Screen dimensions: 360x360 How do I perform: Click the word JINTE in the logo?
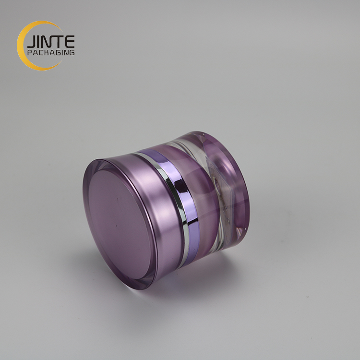51,42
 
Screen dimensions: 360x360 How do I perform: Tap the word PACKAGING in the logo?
51,52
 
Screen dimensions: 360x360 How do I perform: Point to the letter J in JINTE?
31,42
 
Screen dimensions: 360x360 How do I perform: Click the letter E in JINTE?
70,41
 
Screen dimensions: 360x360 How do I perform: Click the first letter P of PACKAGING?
29,52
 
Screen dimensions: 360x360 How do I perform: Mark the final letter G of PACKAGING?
72,52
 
